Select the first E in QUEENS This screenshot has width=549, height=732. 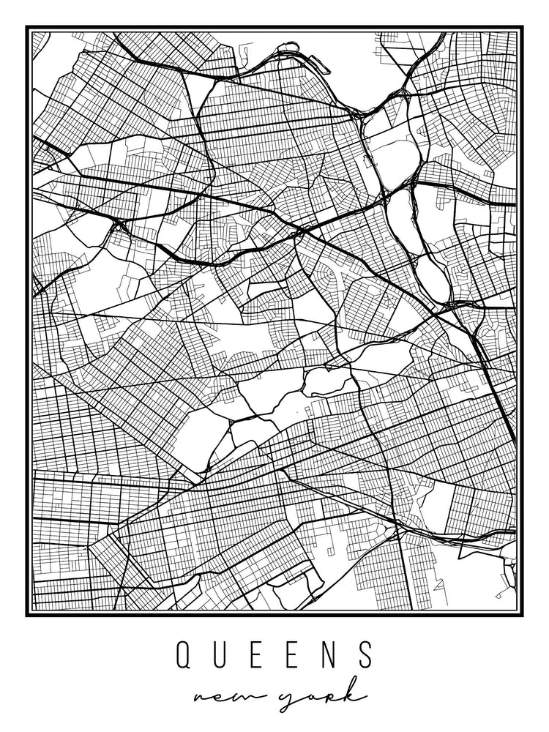[257, 655]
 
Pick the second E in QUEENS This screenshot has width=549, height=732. [293, 655]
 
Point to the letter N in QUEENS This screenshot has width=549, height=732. [329, 655]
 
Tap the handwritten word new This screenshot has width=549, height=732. [228, 695]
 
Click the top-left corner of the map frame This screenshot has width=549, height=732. [27, 28]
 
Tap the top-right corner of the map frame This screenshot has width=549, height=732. [522, 28]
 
